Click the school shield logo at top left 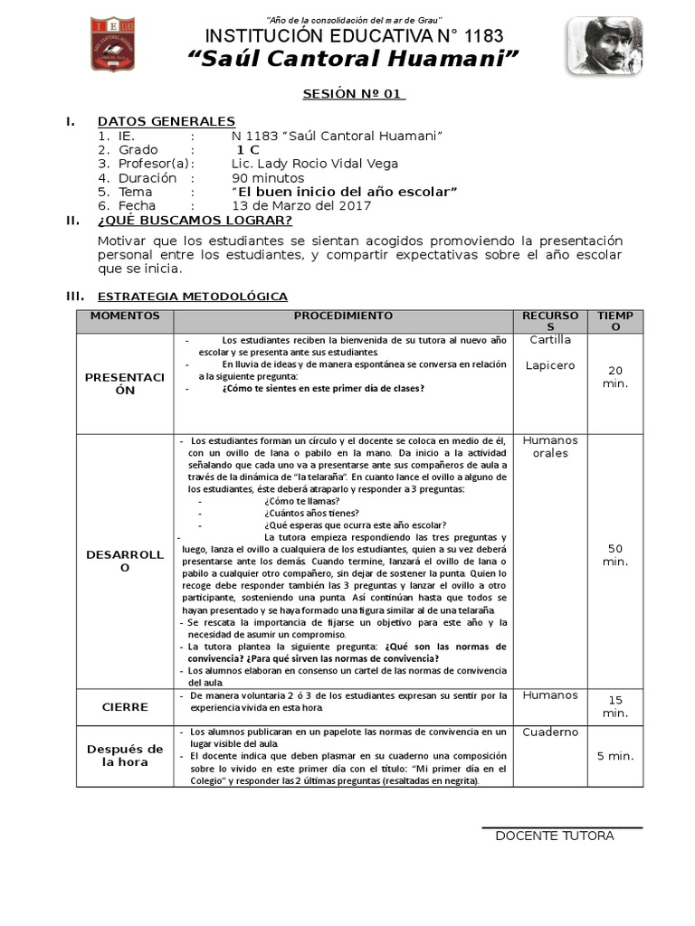[x=115, y=44]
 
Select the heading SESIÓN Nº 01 [x=354, y=94]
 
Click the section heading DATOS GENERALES [x=167, y=121]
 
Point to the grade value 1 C [x=248, y=149]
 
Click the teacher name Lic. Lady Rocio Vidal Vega [x=314, y=164]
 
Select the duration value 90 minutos [x=268, y=178]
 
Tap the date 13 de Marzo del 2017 [x=301, y=205]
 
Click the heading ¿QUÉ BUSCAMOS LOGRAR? [x=195, y=220]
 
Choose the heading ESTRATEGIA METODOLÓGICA [x=192, y=296]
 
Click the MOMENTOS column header [x=125, y=316]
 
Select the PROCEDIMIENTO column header [x=343, y=316]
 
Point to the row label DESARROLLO [x=125, y=561]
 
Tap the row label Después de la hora [x=125, y=755]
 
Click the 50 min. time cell [x=615, y=555]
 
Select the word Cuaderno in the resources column [x=549, y=732]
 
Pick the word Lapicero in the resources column [x=549, y=365]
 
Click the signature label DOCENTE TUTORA [x=554, y=836]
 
